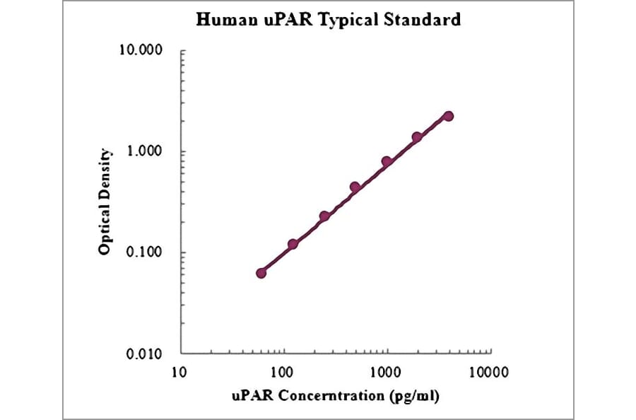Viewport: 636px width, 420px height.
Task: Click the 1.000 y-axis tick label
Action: pyautogui.click(x=145, y=152)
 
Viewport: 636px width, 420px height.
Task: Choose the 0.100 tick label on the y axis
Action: pyautogui.click(x=145, y=252)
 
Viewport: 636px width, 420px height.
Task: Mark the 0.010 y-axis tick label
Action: pyautogui.click(x=145, y=354)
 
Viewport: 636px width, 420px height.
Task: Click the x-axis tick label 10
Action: pyautogui.click(x=180, y=371)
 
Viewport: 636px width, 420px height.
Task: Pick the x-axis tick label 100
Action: pyautogui.click(x=283, y=371)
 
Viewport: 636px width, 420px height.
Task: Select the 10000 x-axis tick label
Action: pyautogui.click(x=490, y=371)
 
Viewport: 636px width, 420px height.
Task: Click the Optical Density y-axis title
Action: pyautogui.click(x=105, y=202)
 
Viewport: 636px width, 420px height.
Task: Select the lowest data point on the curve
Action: pyautogui.click(x=261, y=273)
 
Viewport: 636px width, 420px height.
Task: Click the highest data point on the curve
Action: pyautogui.click(x=448, y=116)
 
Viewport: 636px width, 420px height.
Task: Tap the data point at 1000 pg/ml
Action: pyautogui.click(x=387, y=162)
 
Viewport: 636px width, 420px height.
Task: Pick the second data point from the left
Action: pyautogui.click(x=293, y=244)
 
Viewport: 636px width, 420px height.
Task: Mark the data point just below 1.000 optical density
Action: pyautogui.click(x=387, y=162)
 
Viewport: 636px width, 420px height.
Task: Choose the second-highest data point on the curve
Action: pyautogui.click(x=417, y=137)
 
